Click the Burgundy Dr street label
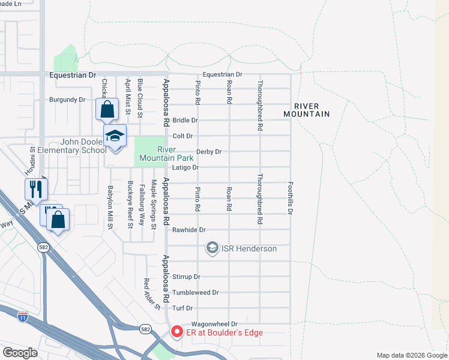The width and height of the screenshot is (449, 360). pos(67,100)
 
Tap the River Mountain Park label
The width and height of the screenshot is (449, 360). pos(160,154)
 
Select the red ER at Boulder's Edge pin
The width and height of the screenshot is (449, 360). pos(176,332)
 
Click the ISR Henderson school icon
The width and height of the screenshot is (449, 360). pos(212,248)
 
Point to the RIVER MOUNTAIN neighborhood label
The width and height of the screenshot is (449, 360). pos(307,109)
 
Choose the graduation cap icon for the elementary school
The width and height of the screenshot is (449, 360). pos(115,136)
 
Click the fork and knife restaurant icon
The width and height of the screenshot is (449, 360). pos(36,189)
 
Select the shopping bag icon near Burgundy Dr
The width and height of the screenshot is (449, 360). pos(107,110)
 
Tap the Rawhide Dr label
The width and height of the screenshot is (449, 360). pos(189,230)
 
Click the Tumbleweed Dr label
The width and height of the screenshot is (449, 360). pos(195,293)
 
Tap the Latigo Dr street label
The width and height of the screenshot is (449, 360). pos(185,167)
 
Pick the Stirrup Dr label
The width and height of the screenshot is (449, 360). pos(186,277)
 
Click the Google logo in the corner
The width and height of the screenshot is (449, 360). pos(20,352)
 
